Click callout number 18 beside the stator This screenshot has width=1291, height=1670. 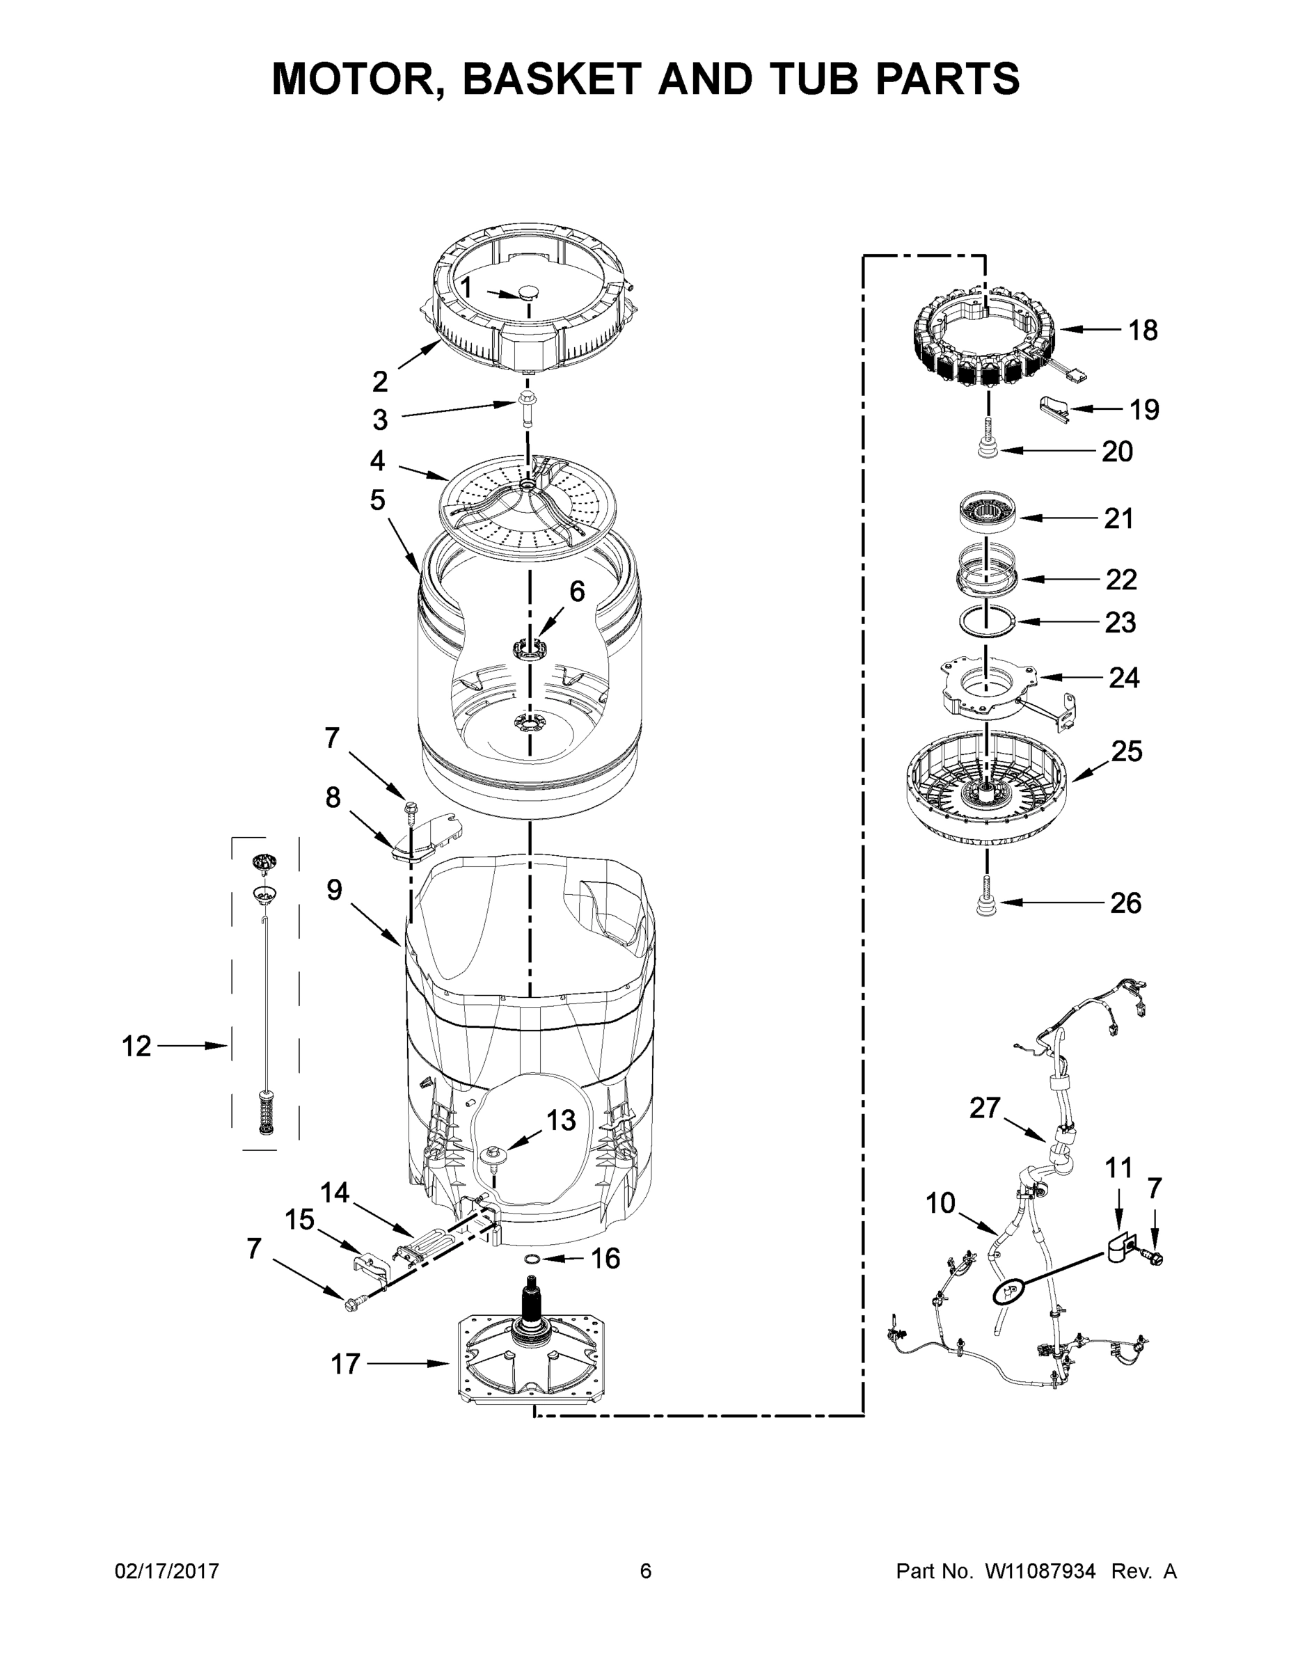click(x=1143, y=331)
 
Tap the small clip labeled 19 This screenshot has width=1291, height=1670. click(x=1054, y=408)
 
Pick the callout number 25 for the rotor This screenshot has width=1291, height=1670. click(x=1127, y=751)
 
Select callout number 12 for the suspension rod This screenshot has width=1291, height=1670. click(x=137, y=1045)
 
